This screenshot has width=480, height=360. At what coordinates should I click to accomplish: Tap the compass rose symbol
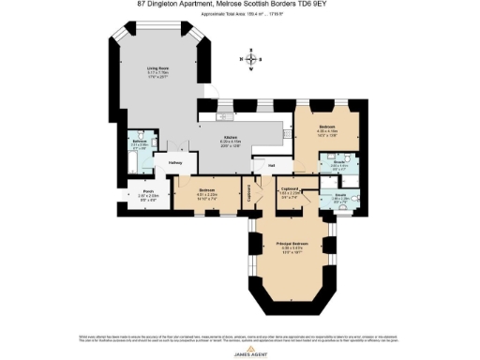pos(248,62)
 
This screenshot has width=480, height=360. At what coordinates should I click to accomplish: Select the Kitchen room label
pos(231,140)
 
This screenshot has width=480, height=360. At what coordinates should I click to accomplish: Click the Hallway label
pos(174,163)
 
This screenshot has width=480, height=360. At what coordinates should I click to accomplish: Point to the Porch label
pos(137,196)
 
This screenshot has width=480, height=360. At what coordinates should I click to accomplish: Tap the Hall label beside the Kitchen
pos(270,166)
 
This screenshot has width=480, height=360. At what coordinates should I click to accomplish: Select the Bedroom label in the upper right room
pos(327,127)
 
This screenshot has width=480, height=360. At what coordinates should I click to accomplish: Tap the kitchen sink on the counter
pos(228,118)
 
